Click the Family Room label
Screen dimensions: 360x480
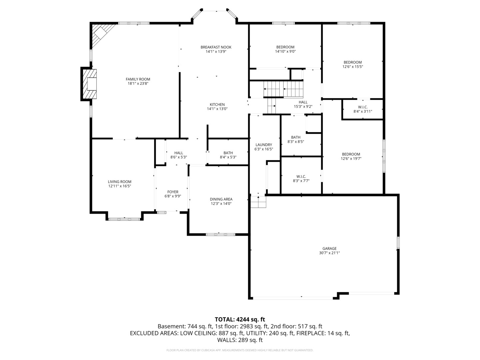pyautogui.click(x=138, y=79)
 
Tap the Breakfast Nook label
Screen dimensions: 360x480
pyautogui.click(x=216, y=47)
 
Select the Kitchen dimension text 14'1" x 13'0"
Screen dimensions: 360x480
pyautogui.click(x=217, y=109)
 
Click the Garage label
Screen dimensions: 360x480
pyautogui.click(x=329, y=248)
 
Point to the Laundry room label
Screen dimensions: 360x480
pyautogui.click(x=263, y=145)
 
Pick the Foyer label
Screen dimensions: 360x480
pyautogui.click(x=173, y=192)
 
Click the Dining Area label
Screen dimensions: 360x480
pyautogui.click(x=221, y=199)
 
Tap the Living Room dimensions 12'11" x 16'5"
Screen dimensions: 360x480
pyautogui.click(x=119, y=186)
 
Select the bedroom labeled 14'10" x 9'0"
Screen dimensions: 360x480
pyautogui.click(x=285, y=49)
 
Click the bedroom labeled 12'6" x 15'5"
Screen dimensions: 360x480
pyautogui.click(x=352, y=64)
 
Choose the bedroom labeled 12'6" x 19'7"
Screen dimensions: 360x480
pyautogui.click(x=351, y=156)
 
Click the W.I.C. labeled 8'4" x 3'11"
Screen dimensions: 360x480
pyautogui.click(x=363, y=109)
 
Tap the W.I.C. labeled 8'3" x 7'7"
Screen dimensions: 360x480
pyautogui.click(x=301, y=179)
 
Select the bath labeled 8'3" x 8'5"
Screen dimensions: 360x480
pyautogui.click(x=296, y=139)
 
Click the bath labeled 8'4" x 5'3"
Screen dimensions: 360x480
pyautogui.click(x=228, y=155)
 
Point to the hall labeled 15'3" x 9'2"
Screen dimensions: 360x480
pyautogui.click(x=303, y=104)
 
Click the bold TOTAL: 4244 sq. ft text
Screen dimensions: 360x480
pyautogui.click(x=240, y=319)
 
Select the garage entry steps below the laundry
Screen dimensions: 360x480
pyautogui.click(x=258, y=202)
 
